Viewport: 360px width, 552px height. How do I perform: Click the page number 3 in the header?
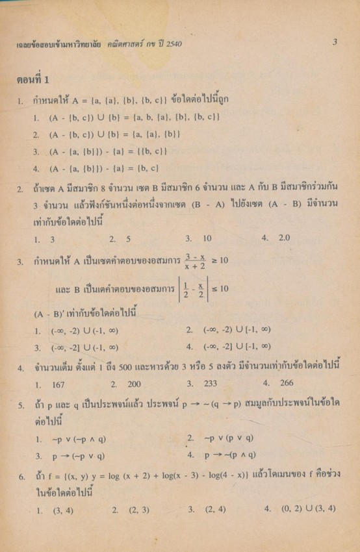335,42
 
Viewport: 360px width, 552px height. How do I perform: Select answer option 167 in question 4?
57,384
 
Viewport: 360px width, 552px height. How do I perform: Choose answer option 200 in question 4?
135,384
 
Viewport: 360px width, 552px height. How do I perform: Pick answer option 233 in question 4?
210,384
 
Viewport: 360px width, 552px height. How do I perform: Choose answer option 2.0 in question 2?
284,238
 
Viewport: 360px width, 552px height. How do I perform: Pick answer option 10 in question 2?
207,238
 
